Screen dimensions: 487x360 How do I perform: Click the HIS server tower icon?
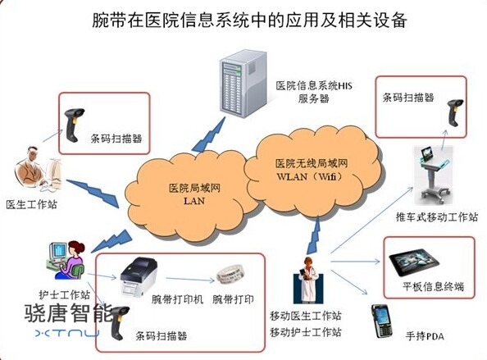pos(243,84)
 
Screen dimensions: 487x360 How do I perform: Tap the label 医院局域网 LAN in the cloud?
pos(194,194)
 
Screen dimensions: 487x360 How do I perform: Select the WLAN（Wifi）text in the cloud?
pos(311,176)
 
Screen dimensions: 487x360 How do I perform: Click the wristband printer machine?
pos(139,276)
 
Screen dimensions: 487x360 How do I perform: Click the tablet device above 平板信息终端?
pos(414,262)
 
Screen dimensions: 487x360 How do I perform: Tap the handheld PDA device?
pos(382,321)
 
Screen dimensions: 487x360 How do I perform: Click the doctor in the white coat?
pos(307,280)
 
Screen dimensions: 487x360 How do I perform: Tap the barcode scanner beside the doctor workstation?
pos(74,125)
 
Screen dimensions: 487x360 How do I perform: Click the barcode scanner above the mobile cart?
pos(455,112)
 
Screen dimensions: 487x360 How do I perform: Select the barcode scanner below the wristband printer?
pos(119,323)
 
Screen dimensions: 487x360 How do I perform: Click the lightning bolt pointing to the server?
pos(209,135)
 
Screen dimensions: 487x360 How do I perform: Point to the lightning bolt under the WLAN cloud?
pos(314,235)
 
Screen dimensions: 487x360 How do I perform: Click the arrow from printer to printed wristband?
pos(190,280)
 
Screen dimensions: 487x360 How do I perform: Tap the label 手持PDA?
pos(425,335)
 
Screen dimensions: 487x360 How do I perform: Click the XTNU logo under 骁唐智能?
pos(67,333)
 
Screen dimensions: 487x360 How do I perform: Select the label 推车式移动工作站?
pos(437,216)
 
